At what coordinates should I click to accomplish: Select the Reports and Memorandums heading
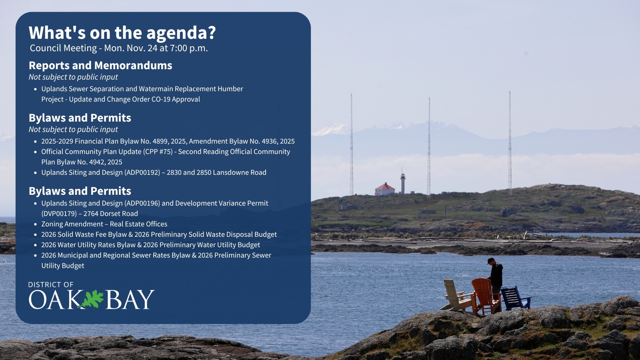tap(100, 66)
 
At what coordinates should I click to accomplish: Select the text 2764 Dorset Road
tap(111, 214)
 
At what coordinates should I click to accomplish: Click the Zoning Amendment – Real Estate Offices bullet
tap(104, 224)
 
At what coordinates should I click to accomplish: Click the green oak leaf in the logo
tap(91, 299)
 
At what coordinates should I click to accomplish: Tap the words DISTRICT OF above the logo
tap(51, 284)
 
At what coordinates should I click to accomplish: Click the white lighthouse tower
tap(402, 183)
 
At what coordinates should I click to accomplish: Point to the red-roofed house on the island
tap(384, 190)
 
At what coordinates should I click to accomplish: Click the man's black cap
tap(490, 260)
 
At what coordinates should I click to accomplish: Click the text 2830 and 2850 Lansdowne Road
tap(216, 172)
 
